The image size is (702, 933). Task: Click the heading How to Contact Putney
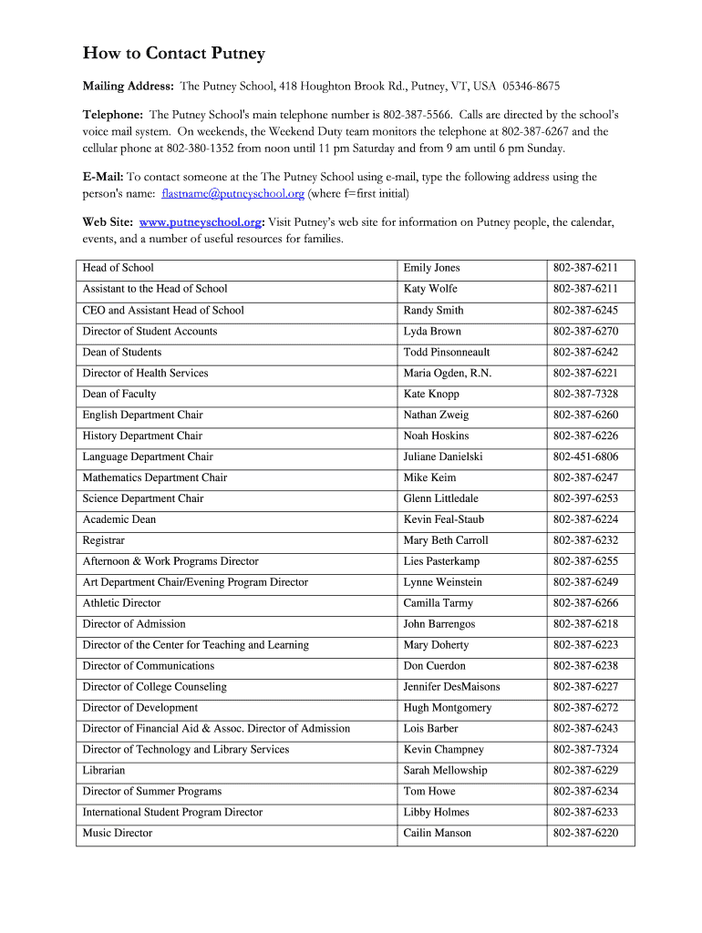173,54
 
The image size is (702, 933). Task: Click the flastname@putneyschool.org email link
232,194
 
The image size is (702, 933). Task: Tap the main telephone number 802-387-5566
418,116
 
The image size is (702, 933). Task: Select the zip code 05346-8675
530,87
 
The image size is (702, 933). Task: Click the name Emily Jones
432,268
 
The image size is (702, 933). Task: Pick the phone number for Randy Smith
585,310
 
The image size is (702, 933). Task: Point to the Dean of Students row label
122,352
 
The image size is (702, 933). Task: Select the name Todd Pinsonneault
447,352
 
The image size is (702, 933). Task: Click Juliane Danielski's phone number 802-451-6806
585,456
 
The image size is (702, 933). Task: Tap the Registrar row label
104,540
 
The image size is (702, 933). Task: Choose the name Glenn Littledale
440,498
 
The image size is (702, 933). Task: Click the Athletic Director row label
121,603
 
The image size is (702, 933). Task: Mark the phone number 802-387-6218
585,624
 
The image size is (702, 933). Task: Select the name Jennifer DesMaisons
451,687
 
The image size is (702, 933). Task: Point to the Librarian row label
105,770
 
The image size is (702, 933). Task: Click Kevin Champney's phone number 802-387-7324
585,749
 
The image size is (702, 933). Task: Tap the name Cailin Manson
438,833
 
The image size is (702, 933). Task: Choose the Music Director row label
118,833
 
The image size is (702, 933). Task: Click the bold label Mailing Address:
129,87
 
